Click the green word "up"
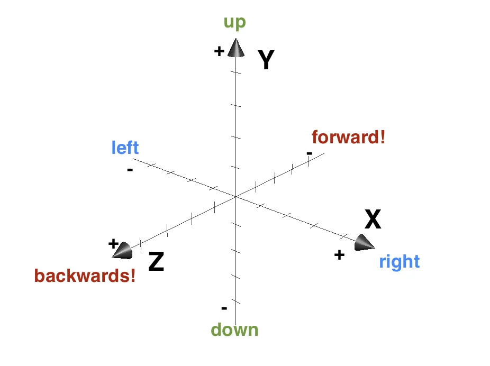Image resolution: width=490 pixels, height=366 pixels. point(235,23)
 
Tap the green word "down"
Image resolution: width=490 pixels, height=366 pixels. point(234,330)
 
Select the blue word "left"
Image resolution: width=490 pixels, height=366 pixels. point(125,147)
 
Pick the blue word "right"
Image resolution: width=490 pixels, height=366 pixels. point(399,262)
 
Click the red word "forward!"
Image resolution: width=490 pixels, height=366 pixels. point(348,138)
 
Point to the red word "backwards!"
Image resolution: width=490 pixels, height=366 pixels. point(85,276)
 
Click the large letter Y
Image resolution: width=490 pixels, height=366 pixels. point(266,60)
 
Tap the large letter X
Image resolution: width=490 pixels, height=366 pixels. point(373,219)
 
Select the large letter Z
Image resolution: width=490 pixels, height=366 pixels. point(156,262)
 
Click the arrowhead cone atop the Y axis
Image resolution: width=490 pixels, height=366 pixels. point(236,48)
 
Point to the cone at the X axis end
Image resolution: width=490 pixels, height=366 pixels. point(364,242)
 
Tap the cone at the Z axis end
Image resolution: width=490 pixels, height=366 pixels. point(122,251)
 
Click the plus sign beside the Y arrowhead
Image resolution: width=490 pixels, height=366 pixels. point(219,51)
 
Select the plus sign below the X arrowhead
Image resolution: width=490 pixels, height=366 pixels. point(339,255)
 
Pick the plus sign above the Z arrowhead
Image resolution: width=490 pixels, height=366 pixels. point(113,243)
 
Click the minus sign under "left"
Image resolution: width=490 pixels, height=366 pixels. point(130,170)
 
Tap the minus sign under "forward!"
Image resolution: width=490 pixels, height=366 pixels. point(309,154)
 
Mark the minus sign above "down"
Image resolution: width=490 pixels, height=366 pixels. point(224,308)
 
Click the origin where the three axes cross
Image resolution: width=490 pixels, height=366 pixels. point(235,197)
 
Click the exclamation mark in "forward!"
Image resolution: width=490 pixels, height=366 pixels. point(382,137)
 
